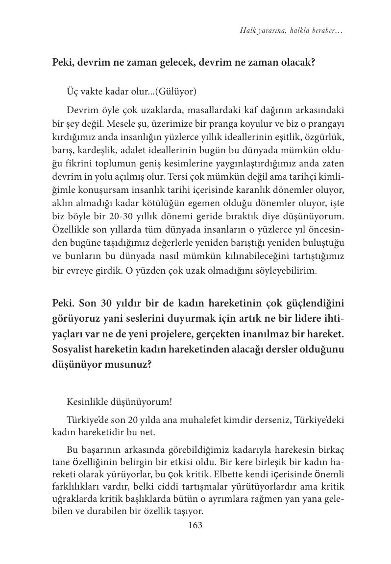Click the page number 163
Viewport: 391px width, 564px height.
coord(195,526)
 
